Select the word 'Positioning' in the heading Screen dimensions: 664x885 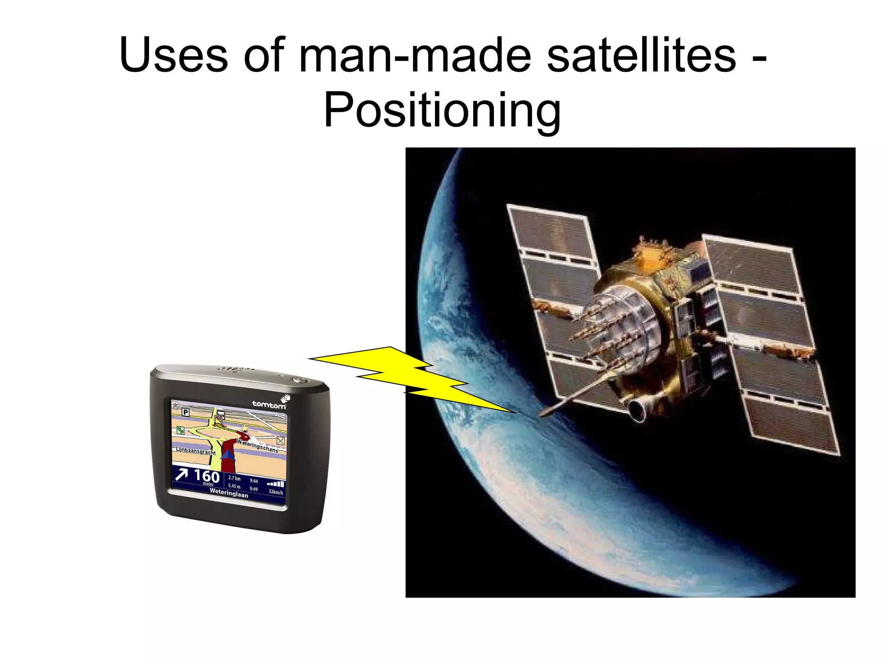(x=442, y=111)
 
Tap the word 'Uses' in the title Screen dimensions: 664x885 (x=173, y=55)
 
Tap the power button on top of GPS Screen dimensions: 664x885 (x=299, y=380)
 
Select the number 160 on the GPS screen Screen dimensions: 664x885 (x=207, y=476)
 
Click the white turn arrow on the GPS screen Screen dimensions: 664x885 (x=181, y=474)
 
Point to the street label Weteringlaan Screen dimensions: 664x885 (x=229, y=493)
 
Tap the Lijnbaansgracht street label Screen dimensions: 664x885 (x=195, y=451)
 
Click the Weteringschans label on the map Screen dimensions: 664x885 (x=258, y=446)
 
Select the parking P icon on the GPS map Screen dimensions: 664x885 (x=185, y=412)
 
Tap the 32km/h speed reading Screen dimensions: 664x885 (x=276, y=492)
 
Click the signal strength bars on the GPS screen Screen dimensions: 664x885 (x=275, y=484)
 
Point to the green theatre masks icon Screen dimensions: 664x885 (x=180, y=430)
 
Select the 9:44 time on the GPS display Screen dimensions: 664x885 (x=254, y=481)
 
